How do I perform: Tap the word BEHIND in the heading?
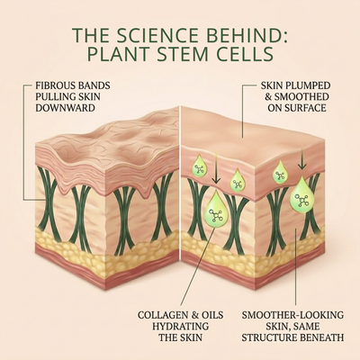coord(253,35)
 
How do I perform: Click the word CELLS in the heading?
coord(243,54)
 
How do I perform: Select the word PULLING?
coord(55,97)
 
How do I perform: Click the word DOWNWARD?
coord(65,108)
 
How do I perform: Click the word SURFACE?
coord(306,108)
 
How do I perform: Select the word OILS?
coord(211,315)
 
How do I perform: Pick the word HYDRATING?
coord(180,327)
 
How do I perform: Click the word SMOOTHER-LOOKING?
coord(292,315)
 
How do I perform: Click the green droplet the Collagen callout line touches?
coord(216,209)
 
